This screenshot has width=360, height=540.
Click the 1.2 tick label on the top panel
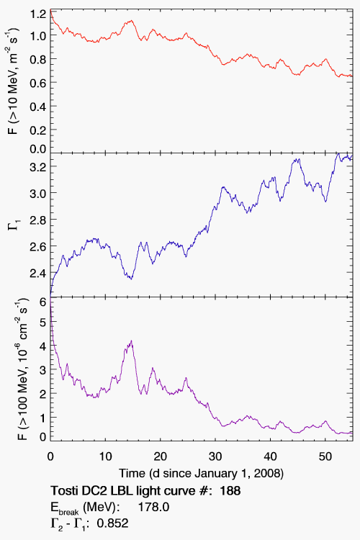pos(37,14)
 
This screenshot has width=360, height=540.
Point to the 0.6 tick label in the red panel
pos(37,82)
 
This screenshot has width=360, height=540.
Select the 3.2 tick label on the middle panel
pos(37,166)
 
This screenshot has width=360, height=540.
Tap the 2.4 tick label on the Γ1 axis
pos(37,273)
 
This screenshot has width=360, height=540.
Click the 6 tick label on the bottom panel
pos(42,302)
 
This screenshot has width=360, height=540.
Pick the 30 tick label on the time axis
pos(215,456)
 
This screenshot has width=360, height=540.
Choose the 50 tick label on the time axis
pos(325,456)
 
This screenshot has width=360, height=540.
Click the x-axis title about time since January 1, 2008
pos(201,473)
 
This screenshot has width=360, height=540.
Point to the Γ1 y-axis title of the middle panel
pos(16,225)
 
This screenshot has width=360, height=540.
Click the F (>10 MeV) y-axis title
pos(13,81)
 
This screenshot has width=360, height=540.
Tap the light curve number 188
pos(230,490)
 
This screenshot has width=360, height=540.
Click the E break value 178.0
pos(153,507)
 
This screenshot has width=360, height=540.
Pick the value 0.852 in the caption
pos(112,523)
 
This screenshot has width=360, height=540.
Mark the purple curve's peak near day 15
pos(131,341)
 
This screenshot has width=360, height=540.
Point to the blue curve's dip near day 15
pos(131,279)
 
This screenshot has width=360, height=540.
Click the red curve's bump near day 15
pos(131,21)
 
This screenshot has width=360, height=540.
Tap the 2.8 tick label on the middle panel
pos(37,220)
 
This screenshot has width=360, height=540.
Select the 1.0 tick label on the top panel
pos(37,35)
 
